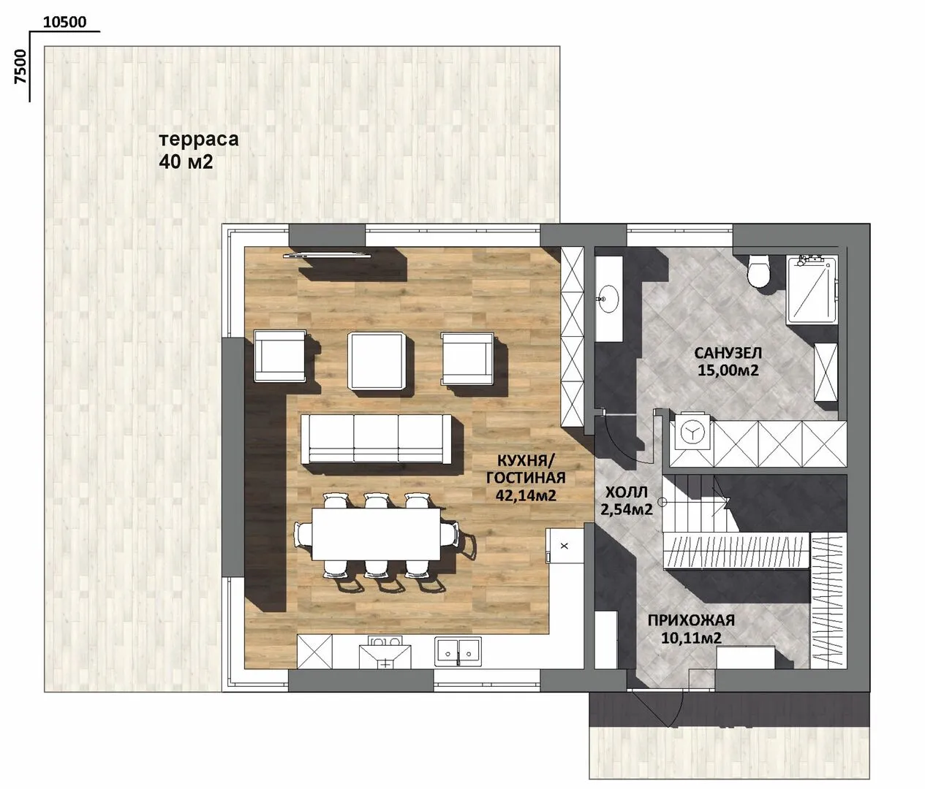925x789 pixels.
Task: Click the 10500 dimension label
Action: [x=64, y=22]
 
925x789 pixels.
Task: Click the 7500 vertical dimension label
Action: [x=20, y=66]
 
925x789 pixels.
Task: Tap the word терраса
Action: [x=199, y=140]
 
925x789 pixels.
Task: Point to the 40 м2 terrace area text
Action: [x=186, y=162]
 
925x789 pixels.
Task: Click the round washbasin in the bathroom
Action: [x=608, y=299]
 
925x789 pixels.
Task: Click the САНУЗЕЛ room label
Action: [x=728, y=353]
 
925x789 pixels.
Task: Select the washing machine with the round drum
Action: [x=692, y=432]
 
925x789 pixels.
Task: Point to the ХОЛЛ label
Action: [x=626, y=492]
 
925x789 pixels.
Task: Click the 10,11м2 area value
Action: [x=691, y=638]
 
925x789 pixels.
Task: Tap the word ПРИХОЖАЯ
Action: [x=691, y=620]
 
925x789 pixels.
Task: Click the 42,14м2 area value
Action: [x=526, y=495]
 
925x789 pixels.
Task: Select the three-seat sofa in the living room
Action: [x=376, y=439]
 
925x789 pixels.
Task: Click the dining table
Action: [x=376, y=534]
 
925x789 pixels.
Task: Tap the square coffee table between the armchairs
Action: [x=377, y=361]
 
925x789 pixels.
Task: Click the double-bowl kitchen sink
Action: [x=458, y=652]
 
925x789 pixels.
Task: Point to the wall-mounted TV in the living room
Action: [x=328, y=256]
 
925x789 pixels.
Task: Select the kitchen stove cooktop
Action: [x=385, y=652]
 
